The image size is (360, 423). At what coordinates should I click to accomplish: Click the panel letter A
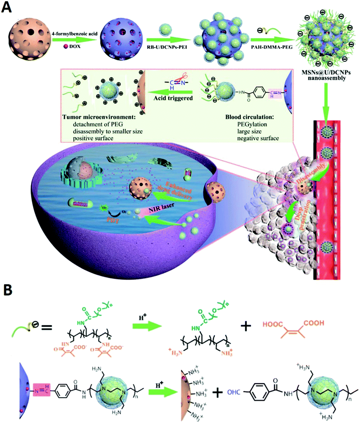click(8, 8)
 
